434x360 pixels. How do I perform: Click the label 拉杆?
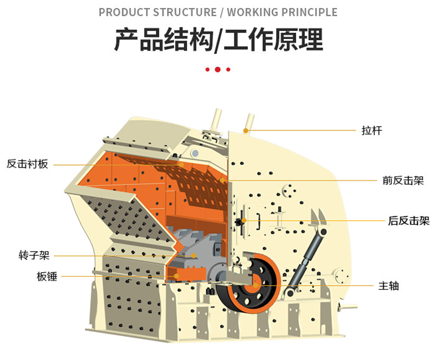pos(372,131)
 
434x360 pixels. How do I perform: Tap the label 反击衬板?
pos(27,164)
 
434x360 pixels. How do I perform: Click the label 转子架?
pos(34,255)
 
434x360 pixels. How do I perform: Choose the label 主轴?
pos(388,285)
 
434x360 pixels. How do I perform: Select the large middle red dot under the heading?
pos(218,69)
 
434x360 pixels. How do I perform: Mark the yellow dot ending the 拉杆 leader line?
pos(246,131)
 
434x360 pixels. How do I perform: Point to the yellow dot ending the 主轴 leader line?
pos(256,285)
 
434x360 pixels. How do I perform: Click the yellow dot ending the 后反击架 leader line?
pos(244,220)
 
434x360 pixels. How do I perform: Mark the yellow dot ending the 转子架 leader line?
pos(194,255)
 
